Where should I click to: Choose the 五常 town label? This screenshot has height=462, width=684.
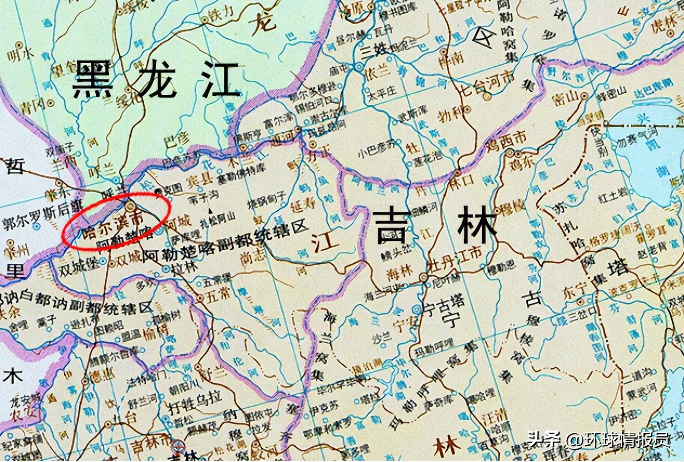(x=218, y=295)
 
